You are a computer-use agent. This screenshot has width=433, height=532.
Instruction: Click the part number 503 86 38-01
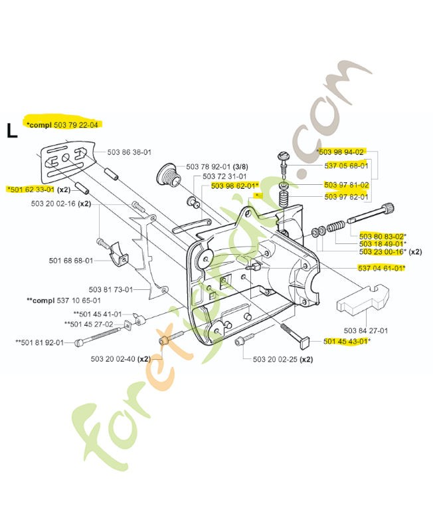coord(129,152)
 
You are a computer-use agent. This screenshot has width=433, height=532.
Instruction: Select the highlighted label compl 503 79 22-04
coord(64,125)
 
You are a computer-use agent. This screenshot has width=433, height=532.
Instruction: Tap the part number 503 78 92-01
coord(208,167)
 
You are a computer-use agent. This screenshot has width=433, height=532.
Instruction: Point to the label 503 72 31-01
coord(224,176)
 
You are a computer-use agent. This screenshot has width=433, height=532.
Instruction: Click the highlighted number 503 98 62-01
coord(233,186)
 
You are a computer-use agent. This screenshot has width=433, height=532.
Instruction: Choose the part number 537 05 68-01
coord(346,166)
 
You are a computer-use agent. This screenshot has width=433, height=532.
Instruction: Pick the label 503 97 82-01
coord(346,197)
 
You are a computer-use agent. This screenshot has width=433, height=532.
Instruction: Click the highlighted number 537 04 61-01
coord(381,269)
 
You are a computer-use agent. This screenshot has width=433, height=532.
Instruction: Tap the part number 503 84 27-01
coord(366,331)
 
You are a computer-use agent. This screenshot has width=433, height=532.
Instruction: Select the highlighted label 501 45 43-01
coord(345,341)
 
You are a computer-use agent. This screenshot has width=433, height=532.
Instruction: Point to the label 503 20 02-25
coord(275,359)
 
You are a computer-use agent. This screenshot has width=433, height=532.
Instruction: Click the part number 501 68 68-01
coord(71,261)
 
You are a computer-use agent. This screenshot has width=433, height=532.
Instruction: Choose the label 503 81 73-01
coord(111,290)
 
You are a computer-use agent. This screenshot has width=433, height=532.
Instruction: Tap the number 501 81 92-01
coord(43,342)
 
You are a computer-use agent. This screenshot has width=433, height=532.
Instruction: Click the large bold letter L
coord(12,131)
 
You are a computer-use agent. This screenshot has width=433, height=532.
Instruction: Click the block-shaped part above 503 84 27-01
coord(363,301)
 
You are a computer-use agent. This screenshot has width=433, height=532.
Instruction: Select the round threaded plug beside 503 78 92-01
coord(169,176)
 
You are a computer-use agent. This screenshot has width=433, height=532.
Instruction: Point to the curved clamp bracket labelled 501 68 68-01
coord(119,255)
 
